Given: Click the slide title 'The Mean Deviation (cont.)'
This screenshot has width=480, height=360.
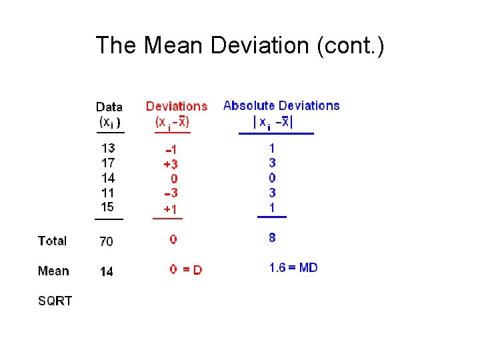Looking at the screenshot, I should tap(239, 45).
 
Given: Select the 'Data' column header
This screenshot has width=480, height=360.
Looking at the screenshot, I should tap(109, 107).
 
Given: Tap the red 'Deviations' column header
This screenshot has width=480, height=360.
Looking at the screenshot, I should tap(177, 106).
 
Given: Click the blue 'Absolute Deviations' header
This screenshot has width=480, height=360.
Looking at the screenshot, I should tap(281, 105).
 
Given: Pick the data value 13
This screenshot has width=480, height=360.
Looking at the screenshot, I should tap(108, 148).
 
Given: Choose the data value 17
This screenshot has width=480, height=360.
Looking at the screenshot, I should tap(108, 163).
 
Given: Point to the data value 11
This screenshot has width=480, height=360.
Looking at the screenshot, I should tap(108, 192).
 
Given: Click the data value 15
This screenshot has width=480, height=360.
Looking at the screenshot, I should tap(108, 207).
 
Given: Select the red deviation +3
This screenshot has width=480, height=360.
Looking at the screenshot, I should tap(171, 164).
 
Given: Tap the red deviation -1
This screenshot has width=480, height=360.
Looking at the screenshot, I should tap(171, 149).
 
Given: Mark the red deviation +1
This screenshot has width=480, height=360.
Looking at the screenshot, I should tap(171, 209).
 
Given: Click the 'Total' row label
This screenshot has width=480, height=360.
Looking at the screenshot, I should tap(53, 241).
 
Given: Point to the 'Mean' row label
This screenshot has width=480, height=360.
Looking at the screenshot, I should tap(53, 271).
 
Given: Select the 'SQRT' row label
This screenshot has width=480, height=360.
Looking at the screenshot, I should tap(55, 301).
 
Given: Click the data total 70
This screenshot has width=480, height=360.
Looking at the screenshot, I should tap(107, 241).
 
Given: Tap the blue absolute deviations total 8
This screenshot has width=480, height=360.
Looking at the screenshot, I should tap(272, 237).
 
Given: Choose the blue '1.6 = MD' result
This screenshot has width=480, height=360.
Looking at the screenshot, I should tap(293, 268).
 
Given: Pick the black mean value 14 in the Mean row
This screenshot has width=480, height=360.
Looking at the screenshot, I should tap(107, 271).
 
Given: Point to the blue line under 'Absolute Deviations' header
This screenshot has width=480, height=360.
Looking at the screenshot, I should tap(276, 134).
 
